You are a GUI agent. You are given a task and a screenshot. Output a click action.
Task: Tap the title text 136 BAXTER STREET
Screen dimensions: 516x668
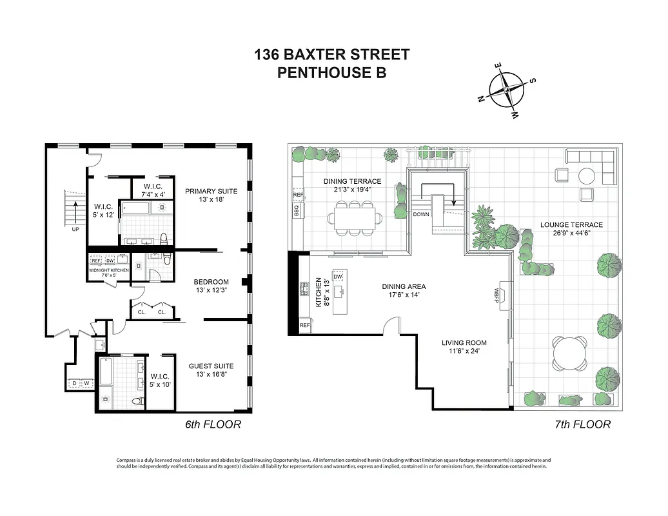pyautogui.click(x=331, y=55)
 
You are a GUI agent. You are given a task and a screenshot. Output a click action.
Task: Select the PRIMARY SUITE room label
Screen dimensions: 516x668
pyautogui.click(x=211, y=191)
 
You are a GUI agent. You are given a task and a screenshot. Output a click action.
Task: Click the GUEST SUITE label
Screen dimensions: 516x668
pyautogui.click(x=210, y=365)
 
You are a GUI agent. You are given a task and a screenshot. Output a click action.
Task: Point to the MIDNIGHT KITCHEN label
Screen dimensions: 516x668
pyautogui.click(x=109, y=270)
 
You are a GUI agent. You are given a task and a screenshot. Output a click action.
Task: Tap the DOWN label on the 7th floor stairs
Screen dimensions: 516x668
pyautogui.click(x=421, y=214)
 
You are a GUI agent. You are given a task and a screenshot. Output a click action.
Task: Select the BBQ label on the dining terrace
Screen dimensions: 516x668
pyautogui.click(x=298, y=210)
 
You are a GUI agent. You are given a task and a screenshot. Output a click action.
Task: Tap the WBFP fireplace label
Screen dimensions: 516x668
pyautogui.click(x=497, y=295)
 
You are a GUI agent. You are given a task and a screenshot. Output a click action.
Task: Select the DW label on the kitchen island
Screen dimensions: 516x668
pyautogui.click(x=338, y=277)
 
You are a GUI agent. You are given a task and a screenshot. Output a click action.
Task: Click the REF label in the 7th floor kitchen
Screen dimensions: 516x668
pyautogui.click(x=305, y=326)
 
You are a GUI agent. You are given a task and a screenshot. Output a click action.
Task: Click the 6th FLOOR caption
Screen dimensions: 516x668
pyautogui.click(x=213, y=424)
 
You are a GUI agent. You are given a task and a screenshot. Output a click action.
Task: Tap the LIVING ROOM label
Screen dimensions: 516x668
pyautogui.click(x=464, y=342)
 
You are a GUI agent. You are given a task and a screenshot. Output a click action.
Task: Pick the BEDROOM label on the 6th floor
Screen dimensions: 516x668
pyautogui.click(x=211, y=282)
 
